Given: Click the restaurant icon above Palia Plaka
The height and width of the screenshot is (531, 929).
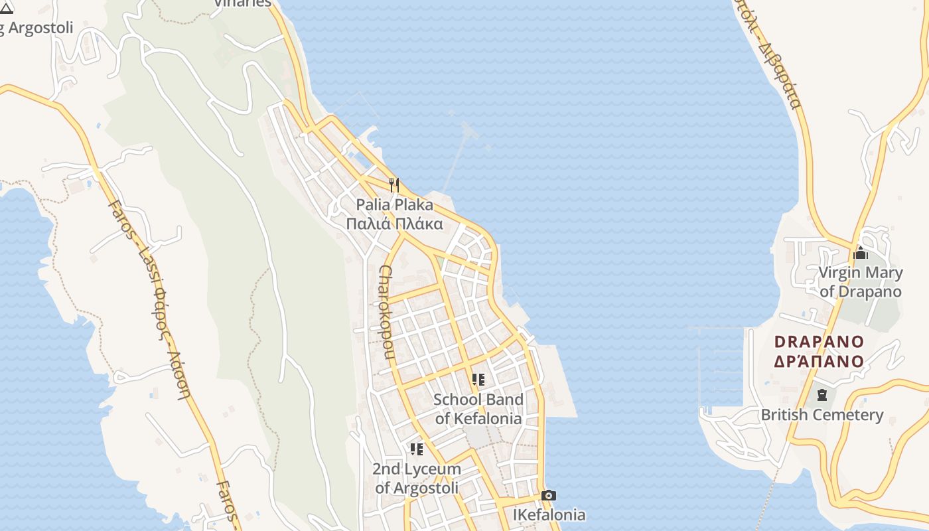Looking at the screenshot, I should point(395,184).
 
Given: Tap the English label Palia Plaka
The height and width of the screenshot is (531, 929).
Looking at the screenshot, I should point(394,204).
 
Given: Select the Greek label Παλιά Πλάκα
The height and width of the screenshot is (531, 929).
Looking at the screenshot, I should point(394,224).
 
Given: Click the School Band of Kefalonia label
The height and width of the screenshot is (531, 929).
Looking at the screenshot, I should point(478,409).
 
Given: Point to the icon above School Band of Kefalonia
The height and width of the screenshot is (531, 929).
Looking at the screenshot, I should point(478,380).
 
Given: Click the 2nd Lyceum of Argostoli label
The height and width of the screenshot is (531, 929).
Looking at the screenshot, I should point(417,478).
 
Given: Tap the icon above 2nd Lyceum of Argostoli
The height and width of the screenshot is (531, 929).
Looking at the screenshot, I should point(417,449).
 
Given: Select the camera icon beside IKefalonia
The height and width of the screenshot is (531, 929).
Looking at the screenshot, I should point(549,495).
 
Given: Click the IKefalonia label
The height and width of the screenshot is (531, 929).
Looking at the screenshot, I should point(549,514).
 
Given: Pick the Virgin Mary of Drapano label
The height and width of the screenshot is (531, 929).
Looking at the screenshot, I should point(861,282).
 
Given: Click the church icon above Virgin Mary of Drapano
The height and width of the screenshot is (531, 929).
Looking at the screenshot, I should point(861,253).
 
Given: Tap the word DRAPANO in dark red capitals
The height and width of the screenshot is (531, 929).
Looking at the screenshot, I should point(820,342).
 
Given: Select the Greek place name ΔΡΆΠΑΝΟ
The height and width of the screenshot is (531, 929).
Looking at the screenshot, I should point(820,361).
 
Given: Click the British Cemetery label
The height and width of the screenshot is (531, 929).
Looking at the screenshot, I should point(822,415).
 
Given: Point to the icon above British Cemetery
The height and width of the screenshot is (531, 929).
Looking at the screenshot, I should point(822,395).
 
